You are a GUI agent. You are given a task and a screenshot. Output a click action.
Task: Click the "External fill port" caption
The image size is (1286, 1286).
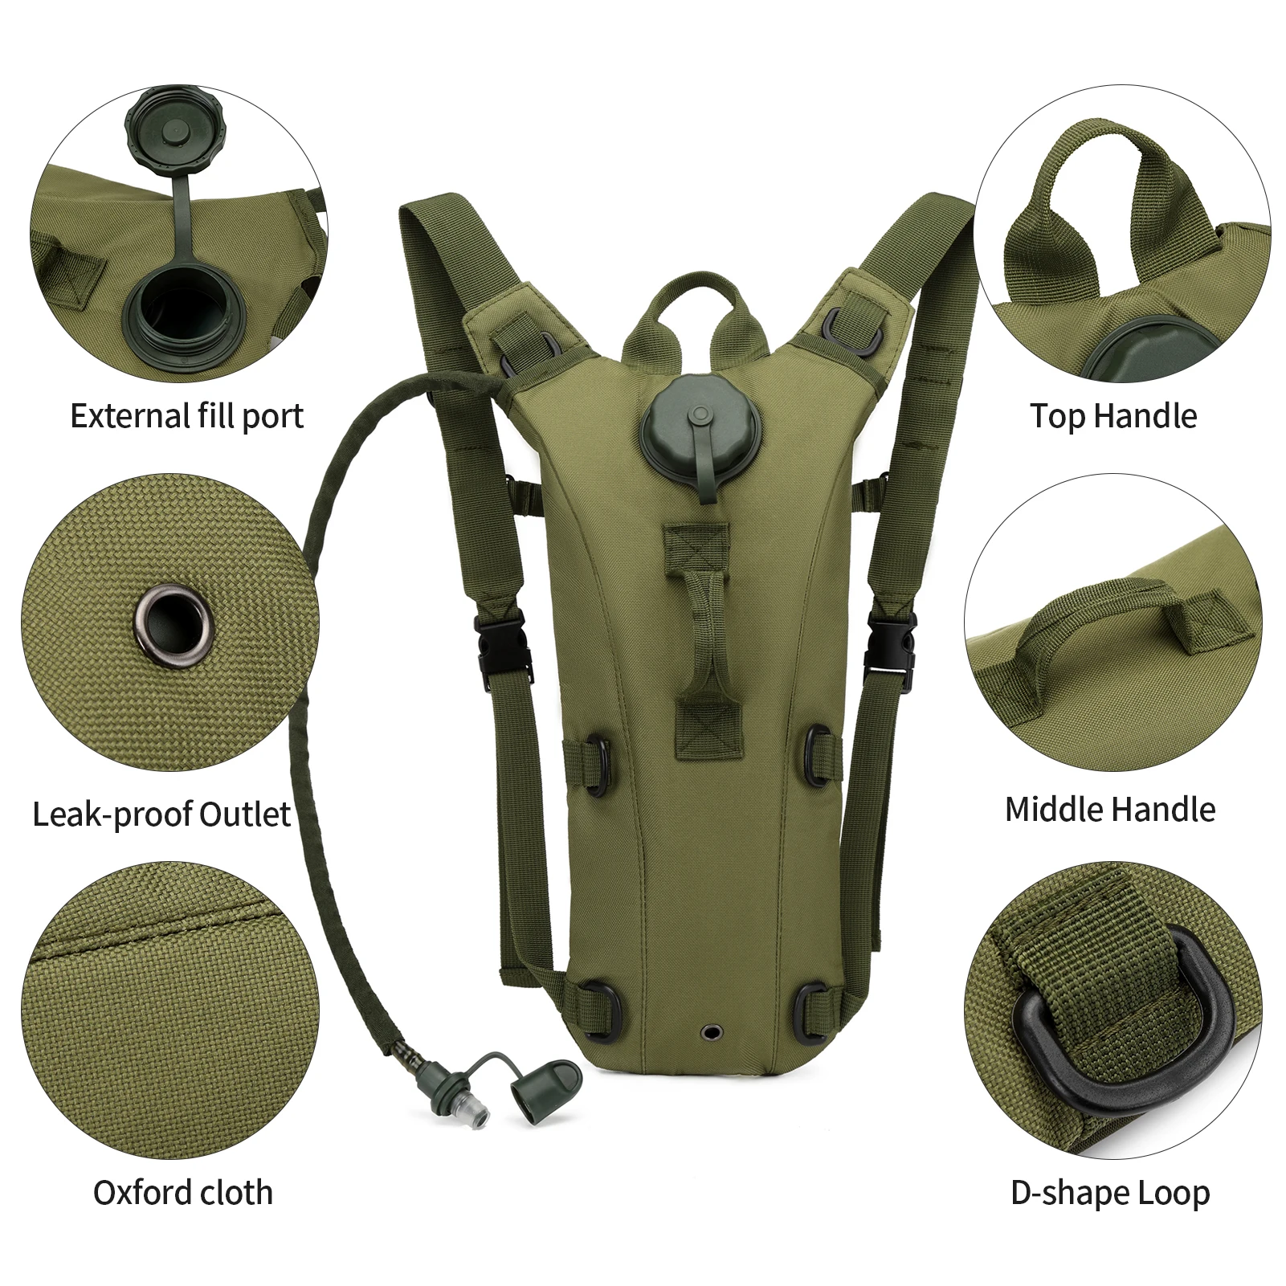tap(187, 416)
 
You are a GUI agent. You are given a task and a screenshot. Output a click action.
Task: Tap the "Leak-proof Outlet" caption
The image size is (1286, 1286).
tap(161, 814)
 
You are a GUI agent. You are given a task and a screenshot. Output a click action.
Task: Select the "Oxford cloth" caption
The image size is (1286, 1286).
tap(183, 1193)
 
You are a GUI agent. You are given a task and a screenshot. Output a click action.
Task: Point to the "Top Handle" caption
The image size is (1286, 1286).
tap(1113, 416)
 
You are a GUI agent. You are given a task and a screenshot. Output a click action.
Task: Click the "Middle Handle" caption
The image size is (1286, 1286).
tap(1110, 810)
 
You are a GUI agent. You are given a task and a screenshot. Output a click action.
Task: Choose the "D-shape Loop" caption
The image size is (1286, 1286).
tap(1110, 1193)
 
